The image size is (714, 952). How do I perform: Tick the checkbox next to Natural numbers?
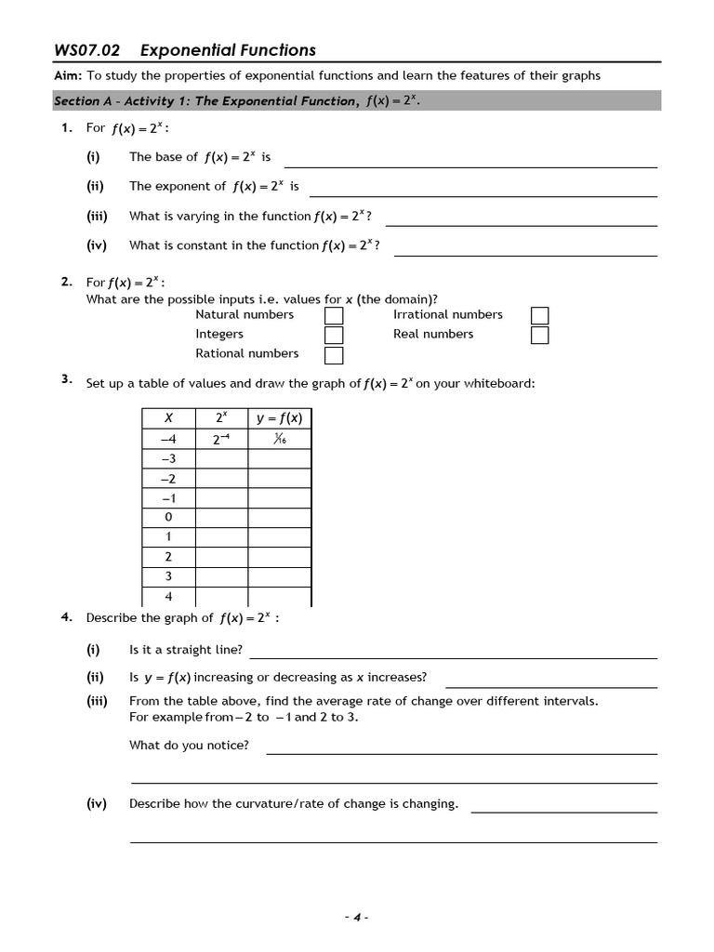click(334, 316)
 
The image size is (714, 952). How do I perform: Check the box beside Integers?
click(334, 336)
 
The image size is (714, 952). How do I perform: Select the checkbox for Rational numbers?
click(334, 355)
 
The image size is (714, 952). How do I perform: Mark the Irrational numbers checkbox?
click(539, 316)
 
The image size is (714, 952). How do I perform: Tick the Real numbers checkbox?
click(539, 336)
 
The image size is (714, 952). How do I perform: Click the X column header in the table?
click(168, 418)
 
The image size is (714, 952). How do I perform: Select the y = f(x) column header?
click(279, 418)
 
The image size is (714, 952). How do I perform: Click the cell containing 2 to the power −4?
click(220, 439)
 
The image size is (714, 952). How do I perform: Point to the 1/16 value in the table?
click(279, 439)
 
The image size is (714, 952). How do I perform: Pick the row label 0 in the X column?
click(168, 517)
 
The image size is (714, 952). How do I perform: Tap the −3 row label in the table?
click(168, 458)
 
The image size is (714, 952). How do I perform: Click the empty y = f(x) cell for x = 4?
click(279, 597)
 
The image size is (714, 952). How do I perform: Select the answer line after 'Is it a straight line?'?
click(453, 656)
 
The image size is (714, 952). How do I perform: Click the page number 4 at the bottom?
click(356, 917)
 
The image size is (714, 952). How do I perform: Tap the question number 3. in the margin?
click(67, 379)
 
